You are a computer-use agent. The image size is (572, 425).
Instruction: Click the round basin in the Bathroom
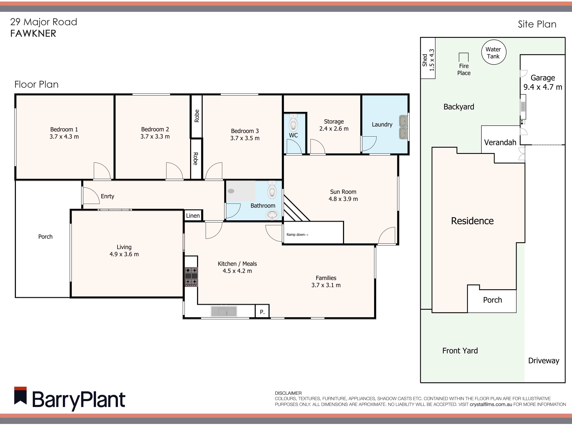272,215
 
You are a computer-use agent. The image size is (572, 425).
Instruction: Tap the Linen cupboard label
193,216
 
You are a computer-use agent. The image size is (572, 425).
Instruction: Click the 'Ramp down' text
297,235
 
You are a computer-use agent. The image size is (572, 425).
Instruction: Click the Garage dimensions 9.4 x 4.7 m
543,87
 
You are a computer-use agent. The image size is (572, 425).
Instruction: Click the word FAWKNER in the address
33,33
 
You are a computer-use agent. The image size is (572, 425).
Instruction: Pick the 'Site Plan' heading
537,24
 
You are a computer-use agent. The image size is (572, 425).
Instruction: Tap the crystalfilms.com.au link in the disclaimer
491,404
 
